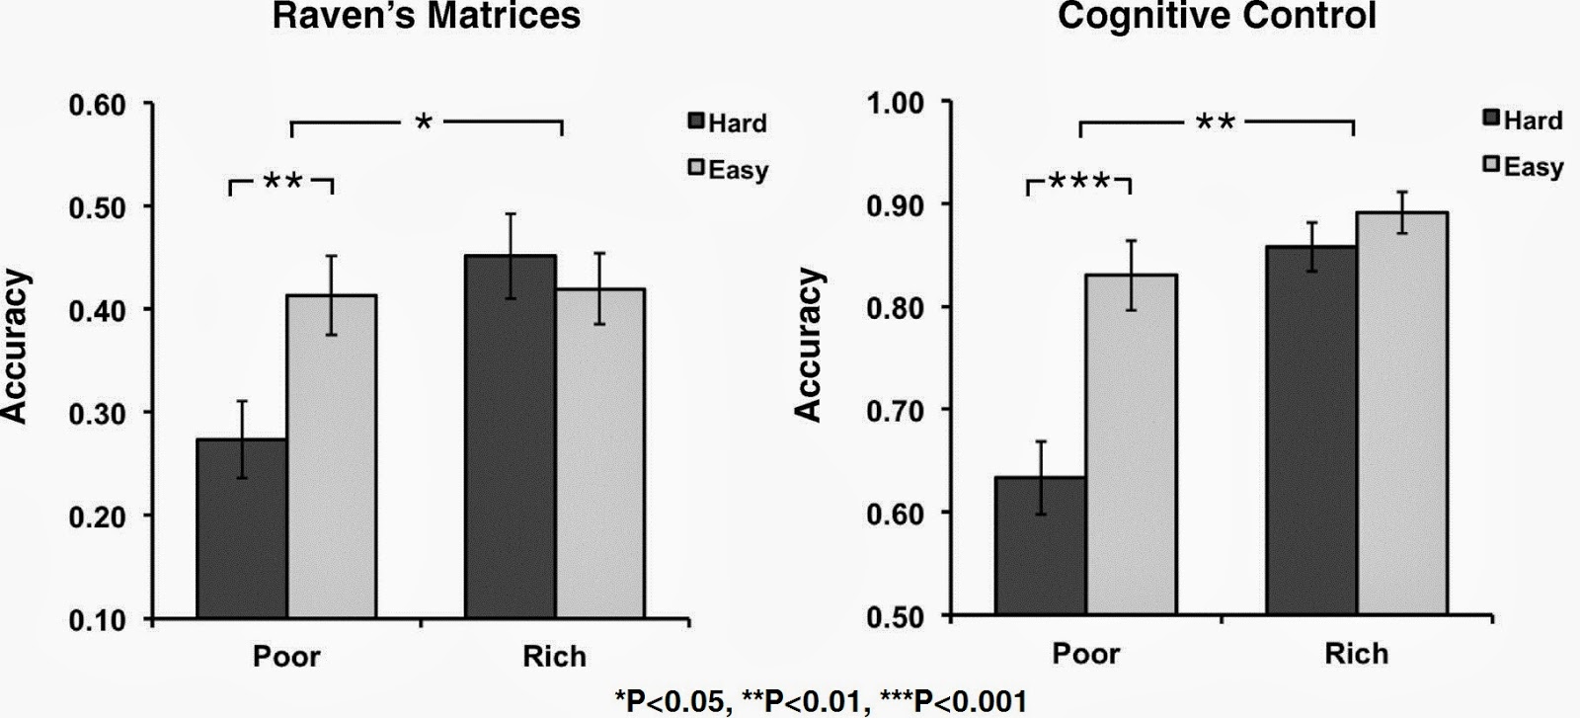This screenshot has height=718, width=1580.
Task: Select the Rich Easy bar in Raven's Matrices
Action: (x=599, y=453)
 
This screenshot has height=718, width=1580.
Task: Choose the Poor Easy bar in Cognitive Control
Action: (x=1131, y=444)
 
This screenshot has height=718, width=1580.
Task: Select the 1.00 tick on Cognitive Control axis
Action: (x=895, y=102)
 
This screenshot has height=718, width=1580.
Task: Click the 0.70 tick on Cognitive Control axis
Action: (x=895, y=410)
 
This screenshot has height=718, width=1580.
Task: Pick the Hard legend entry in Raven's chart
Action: (x=728, y=123)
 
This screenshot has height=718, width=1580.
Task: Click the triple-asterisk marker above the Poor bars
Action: (x=1079, y=182)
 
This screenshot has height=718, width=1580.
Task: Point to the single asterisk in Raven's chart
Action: (x=424, y=123)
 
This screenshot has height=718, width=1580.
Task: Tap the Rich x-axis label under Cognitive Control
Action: (x=1356, y=654)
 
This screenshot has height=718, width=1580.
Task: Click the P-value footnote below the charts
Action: (x=820, y=702)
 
